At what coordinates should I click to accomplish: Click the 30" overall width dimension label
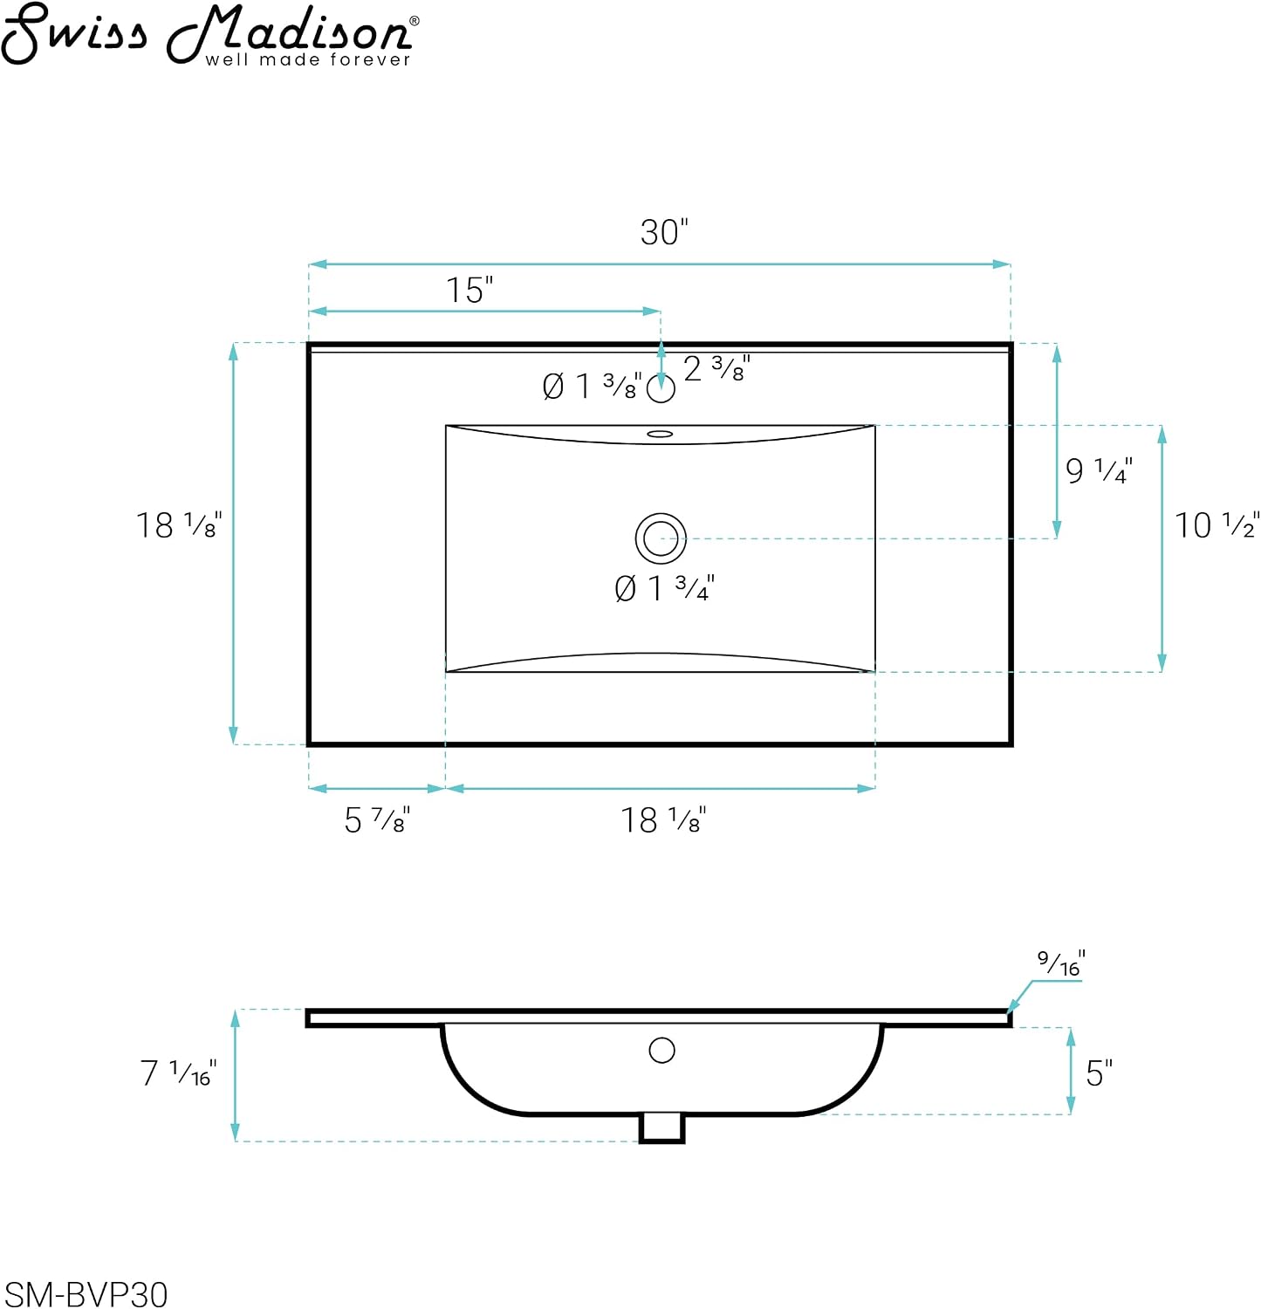[664, 232]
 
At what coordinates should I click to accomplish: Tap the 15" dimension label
[469, 290]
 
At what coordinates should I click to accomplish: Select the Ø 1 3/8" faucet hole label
[592, 386]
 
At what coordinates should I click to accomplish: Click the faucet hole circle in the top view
[661, 388]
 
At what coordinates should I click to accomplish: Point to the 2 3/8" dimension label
[716, 369]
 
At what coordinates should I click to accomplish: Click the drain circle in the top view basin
[661, 538]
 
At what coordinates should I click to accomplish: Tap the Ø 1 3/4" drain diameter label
[664, 588]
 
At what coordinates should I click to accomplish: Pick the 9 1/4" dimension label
[1099, 470]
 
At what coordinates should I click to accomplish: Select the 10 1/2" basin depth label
[1216, 524]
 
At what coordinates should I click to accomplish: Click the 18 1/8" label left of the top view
[179, 525]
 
